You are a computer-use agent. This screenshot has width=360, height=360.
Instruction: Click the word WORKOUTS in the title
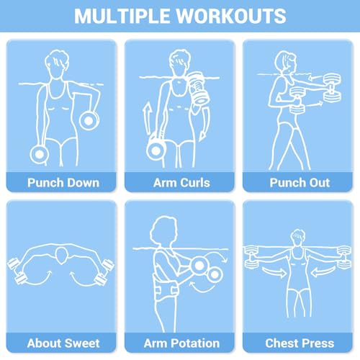click(x=231, y=16)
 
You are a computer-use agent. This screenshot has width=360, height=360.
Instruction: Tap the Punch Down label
click(x=63, y=183)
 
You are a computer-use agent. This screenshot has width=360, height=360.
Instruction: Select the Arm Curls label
click(x=181, y=183)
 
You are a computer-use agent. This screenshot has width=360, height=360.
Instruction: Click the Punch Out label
click(x=300, y=183)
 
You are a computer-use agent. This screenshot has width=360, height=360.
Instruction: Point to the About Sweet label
click(x=63, y=343)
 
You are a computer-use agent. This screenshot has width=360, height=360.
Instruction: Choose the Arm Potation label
click(x=181, y=343)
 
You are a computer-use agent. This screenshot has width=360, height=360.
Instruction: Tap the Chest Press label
click(x=300, y=343)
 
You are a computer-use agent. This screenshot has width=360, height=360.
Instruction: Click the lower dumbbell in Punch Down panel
click(x=40, y=155)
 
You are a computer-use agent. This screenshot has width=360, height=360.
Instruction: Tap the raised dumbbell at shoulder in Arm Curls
click(x=198, y=88)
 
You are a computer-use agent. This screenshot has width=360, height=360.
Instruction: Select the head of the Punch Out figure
click(x=287, y=62)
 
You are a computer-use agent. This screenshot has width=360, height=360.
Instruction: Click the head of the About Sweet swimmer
click(x=61, y=256)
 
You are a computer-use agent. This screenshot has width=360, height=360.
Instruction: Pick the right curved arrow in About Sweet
click(x=84, y=279)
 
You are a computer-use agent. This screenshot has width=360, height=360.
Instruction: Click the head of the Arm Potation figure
click(x=164, y=230)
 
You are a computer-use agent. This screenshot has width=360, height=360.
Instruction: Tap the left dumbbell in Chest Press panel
click(x=251, y=257)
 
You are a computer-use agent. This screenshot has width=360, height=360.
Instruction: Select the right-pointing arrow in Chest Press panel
click(x=274, y=271)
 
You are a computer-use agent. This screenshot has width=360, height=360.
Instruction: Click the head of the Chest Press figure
click(x=298, y=237)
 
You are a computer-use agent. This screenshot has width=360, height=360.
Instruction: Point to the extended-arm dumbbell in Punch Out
click(x=332, y=88)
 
